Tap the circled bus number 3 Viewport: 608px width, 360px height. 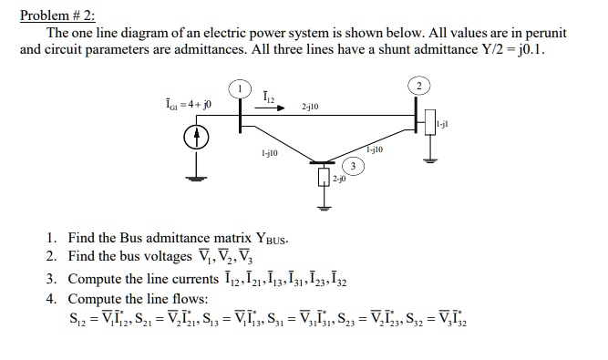[354, 167]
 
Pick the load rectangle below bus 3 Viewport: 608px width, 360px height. [323, 178]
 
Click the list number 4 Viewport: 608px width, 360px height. [51, 298]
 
